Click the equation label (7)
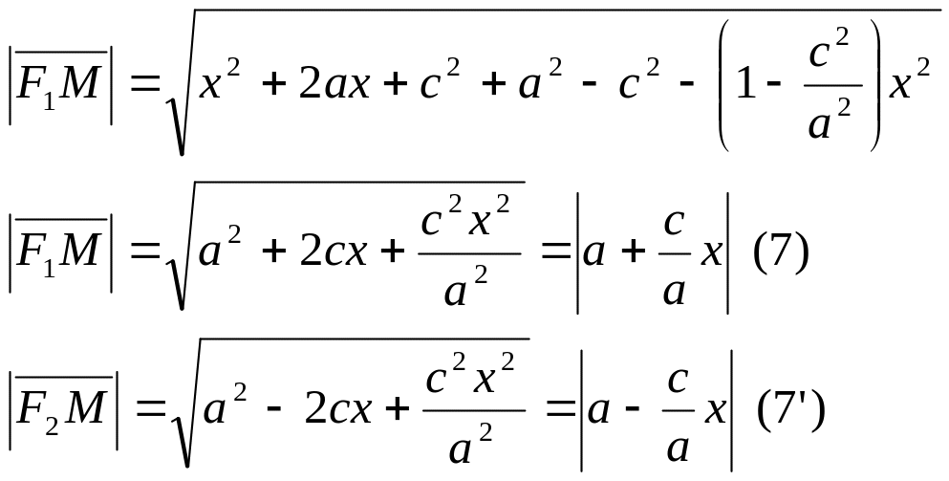(x=781, y=255)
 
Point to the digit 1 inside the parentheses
(x=745, y=86)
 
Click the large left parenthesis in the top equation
(x=724, y=86)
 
